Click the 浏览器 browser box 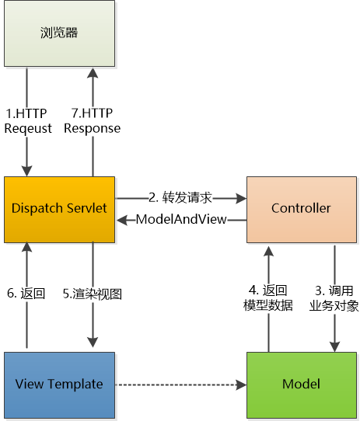[59, 33]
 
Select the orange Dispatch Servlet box [59, 210]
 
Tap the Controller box [302, 210]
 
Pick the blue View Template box [59, 385]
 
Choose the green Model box [302, 385]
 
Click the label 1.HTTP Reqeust [28, 121]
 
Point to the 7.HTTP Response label [93, 121]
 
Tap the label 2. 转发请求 [180, 198]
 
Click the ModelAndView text [181, 219]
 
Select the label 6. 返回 [26, 293]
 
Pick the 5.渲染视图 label [93, 294]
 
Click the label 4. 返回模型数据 [268, 298]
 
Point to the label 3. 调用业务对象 [334, 298]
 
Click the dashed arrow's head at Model [241, 384]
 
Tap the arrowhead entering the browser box [93, 73]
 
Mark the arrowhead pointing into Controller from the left [241, 198]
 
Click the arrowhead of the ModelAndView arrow [122, 220]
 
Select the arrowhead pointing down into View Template [93, 342]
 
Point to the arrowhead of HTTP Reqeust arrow [26, 171]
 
